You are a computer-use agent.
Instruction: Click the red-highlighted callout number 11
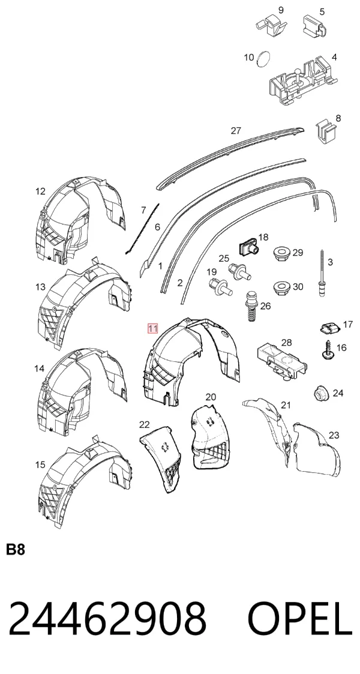pyautogui.click(x=153, y=329)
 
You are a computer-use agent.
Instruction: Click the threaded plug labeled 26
pyautogui.click(x=252, y=305)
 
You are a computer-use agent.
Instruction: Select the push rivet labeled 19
pyautogui.click(x=220, y=287)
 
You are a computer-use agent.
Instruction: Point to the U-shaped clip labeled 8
pyautogui.click(x=326, y=131)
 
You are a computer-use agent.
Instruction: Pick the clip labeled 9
pyautogui.click(x=272, y=23)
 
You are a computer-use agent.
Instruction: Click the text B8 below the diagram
pyautogui.click(x=16, y=550)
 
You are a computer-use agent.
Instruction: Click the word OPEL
pyautogui.click(x=300, y=619)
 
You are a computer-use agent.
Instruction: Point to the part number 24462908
pyautogui.click(x=107, y=619)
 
